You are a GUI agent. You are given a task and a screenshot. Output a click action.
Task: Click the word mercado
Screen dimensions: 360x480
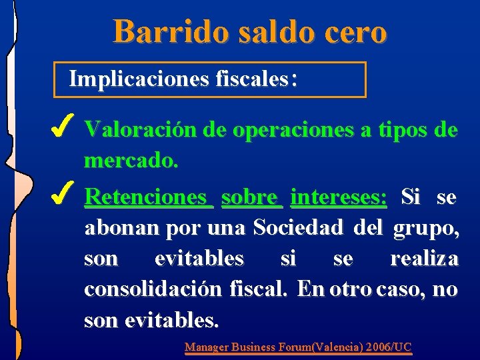(131, 161)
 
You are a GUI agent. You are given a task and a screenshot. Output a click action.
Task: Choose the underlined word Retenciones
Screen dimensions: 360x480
(147, 197)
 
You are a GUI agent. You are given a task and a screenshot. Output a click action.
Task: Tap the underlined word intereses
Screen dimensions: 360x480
(339, 197)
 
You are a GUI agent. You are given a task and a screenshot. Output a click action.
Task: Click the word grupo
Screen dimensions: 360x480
(426, 228)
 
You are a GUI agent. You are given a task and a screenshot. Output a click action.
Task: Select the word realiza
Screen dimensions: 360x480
(424, 259)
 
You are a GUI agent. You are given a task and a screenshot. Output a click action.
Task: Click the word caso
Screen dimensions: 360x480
(401, 290)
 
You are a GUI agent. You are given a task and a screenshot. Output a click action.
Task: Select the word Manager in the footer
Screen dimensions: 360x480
(206, 347)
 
